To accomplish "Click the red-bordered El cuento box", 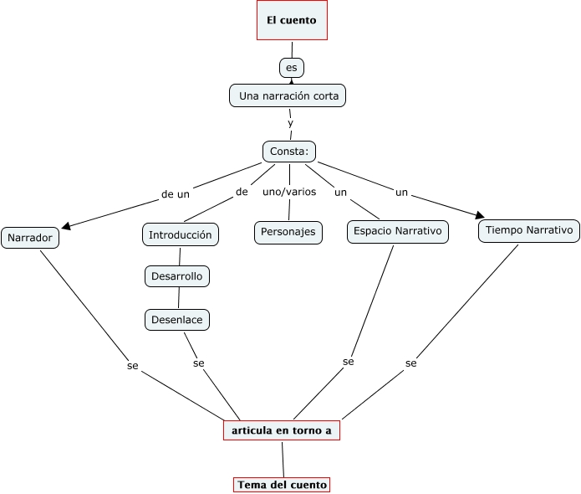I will coord(291,21).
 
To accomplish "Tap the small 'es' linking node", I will coord(291,67).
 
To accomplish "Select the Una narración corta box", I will coord(288,96).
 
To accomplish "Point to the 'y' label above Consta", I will coord(290,123).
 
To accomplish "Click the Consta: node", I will coord(289,152).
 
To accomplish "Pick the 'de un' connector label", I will coord(176,193).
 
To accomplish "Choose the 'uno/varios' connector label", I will coord(289,192).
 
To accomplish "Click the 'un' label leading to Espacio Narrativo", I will coord(340,193).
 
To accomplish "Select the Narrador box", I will coord(30,238).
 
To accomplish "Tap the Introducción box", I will coord(181,234).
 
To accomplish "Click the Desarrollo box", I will coord(176,275).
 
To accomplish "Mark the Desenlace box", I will coord(176,319).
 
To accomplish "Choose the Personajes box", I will coord(288,232).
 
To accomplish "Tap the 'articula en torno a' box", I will coord(282,430).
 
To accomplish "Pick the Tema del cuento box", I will coord(282,485).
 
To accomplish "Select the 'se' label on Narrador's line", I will coord(132,366).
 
